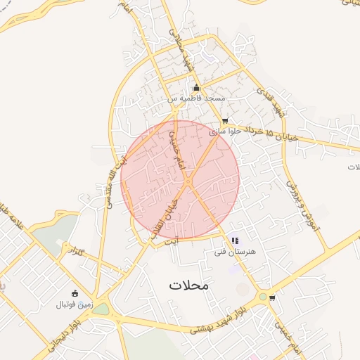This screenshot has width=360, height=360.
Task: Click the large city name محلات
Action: point(190,285)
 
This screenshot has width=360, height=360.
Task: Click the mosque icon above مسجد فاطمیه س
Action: point(196,88)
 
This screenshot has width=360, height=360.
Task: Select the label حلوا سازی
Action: point(225,131)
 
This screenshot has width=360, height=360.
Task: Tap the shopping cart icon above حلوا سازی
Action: point(225,121)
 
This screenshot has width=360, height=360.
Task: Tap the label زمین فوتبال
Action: point(75,304)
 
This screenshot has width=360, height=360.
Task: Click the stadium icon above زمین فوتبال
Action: point(75,293)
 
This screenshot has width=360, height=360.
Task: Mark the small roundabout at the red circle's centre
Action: point(188,183)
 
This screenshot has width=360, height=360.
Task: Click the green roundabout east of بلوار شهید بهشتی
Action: point(263,297)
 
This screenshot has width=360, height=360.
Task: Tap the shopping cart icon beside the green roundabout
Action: point(272,297)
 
